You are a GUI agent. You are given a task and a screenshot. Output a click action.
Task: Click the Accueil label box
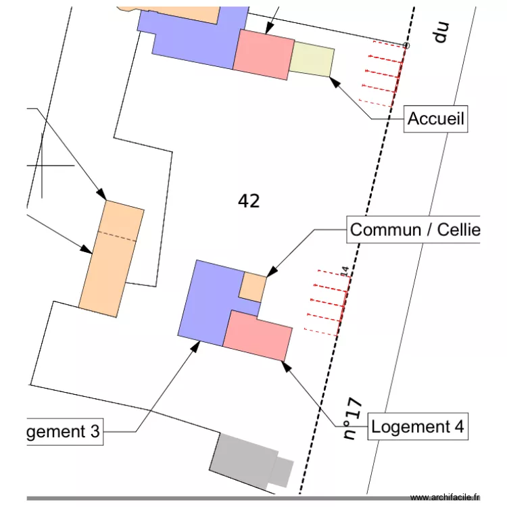click(x=436, y=120)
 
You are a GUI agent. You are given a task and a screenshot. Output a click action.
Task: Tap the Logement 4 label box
click(x=418, y=427)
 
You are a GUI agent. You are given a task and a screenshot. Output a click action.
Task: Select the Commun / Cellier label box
click(x=414, y=230)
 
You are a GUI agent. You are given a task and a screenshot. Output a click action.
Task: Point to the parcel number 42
click(x=249, y=201)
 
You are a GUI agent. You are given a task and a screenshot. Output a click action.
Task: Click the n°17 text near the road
click(x=353, y=418)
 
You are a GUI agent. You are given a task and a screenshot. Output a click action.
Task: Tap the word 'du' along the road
click(x=441, y=32)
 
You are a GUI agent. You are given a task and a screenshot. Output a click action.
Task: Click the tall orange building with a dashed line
click(x=112, y=259)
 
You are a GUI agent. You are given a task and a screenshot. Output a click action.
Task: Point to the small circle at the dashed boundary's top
click(x=406, y=46)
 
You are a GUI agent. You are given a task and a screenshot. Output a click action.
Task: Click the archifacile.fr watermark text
click(x=444, y=497)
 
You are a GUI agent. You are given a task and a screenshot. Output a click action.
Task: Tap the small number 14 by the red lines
click(x=343, y=271)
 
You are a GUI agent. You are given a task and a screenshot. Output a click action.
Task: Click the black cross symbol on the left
click(x=43, y=164)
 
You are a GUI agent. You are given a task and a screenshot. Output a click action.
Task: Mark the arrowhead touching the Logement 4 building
click(x=285, y=366)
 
